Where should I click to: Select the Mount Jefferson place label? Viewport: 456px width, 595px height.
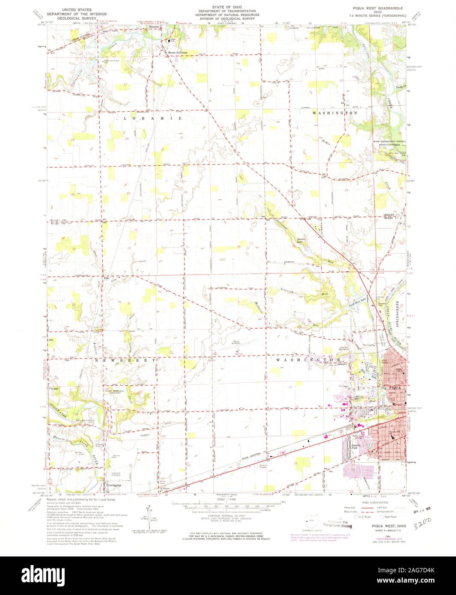pyautogui.click(x=178, y=53)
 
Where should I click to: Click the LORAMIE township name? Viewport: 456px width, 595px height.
pyautogui.click(x=153, y=118)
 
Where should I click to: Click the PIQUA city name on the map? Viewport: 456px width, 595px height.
pyautogui.click(x=394, y=388)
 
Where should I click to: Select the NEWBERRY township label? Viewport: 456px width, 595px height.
pyautogui.click(x=122, y=361)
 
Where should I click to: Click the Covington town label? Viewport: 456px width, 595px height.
pyautogui.click(x=114, y=485)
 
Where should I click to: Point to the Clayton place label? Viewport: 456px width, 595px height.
pyautogui.click(x=54, y=388)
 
